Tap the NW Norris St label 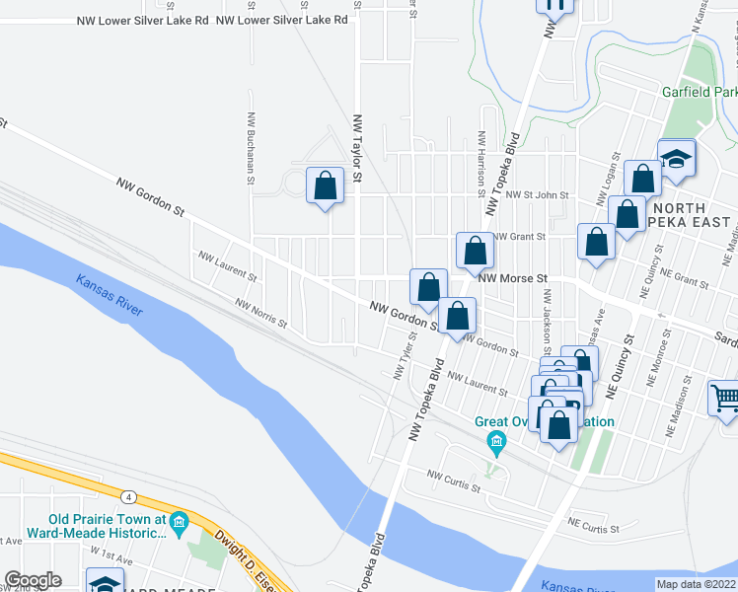[x=260, y=314]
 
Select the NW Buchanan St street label [x=252, y=147]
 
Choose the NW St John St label [x=537, y=195]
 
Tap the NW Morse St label [x=512, y=278]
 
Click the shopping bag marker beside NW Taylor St [x=326, y=185]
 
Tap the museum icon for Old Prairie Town [x=179, y=520]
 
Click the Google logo [x=33, y=580]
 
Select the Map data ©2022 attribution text [x=696, y=583]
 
